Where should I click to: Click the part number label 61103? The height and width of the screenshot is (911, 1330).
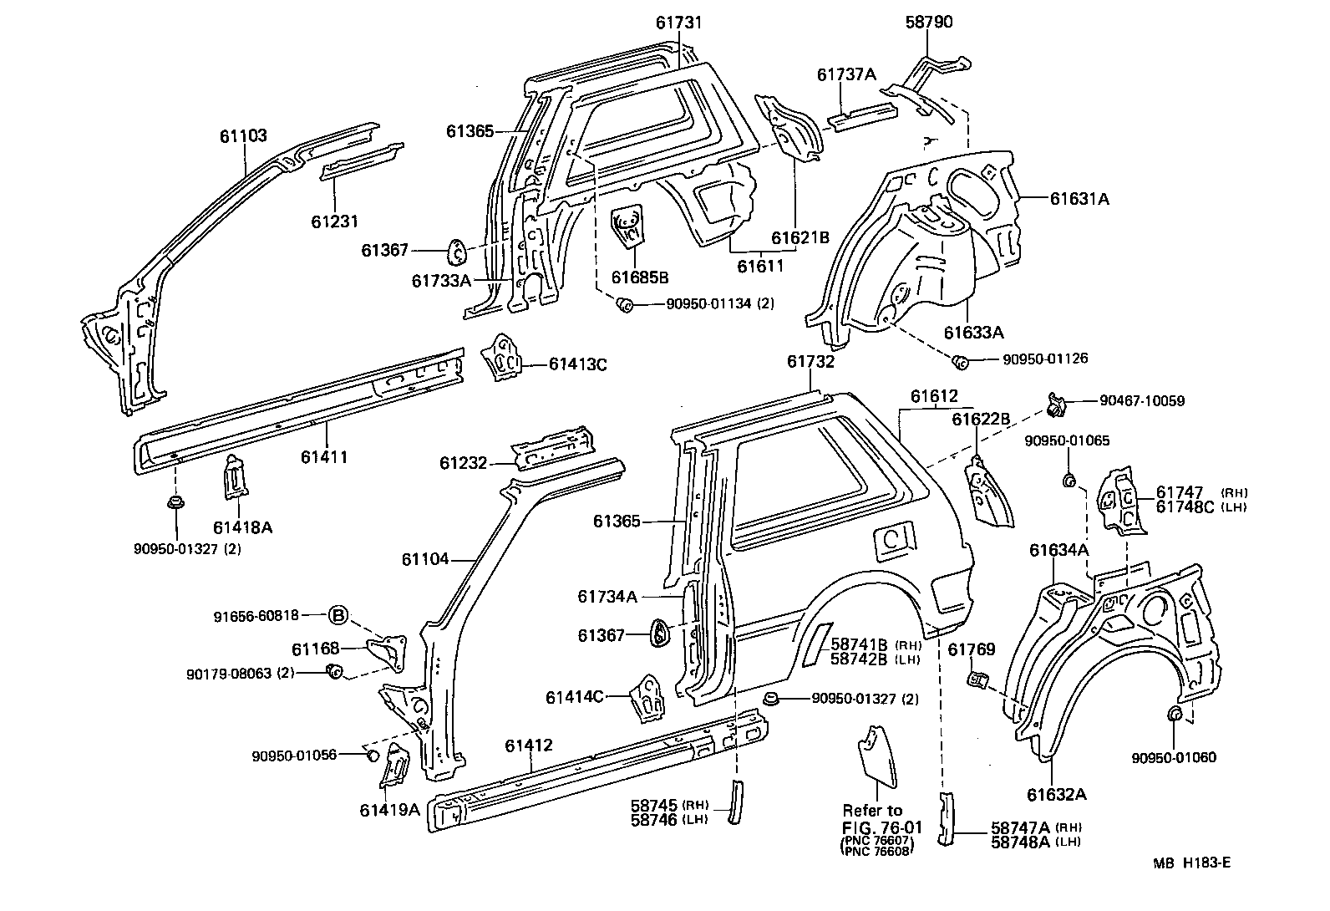click(243, 135)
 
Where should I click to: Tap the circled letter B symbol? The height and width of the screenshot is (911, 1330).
click(338, 616)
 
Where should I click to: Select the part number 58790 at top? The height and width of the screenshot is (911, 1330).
click(928, 23)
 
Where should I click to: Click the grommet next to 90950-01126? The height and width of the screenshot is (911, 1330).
click(962, 361)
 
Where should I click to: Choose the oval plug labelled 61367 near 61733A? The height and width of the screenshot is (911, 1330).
click(457, 250)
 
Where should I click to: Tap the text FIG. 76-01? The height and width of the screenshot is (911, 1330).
click(881, 827)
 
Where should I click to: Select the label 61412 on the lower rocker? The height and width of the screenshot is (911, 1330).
click(530, 746)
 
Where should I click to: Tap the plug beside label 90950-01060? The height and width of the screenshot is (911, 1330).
click(1173, 714)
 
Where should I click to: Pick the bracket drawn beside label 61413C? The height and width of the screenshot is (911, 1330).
click(501, 359)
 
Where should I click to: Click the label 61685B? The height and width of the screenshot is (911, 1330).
click(639, 277)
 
